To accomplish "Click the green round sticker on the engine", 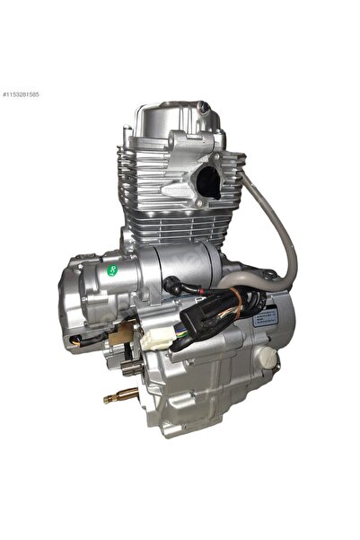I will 112,269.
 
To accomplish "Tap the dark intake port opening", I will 207,184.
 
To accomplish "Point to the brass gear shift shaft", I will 120,394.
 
